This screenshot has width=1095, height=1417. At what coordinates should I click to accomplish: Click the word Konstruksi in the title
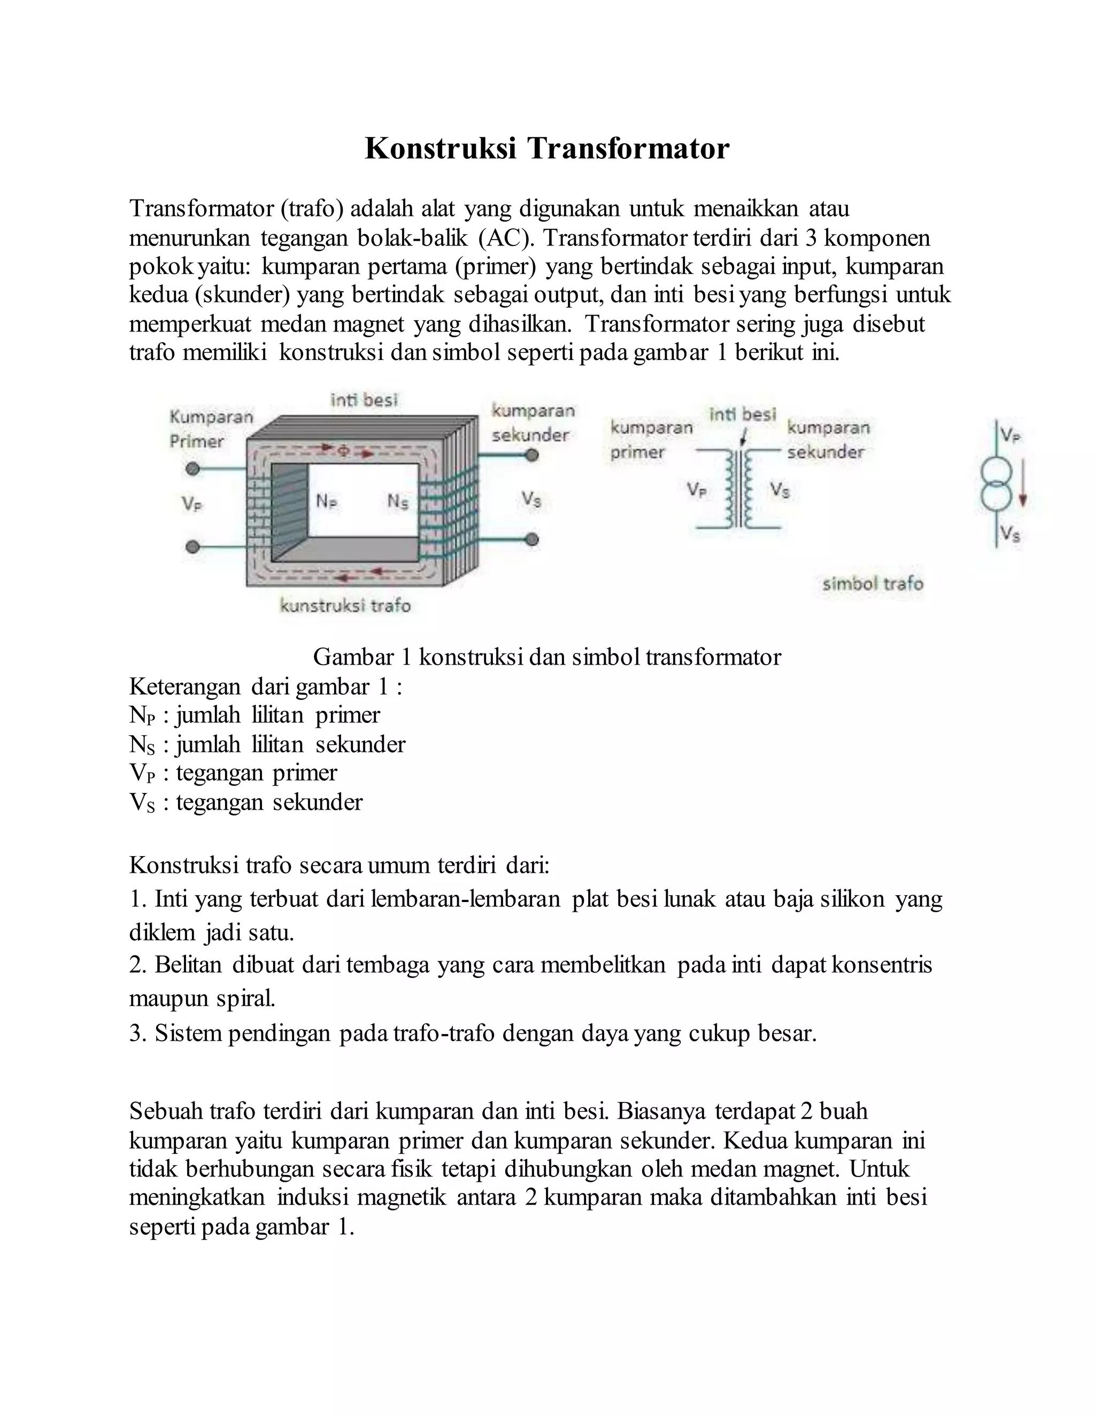click(441, 149)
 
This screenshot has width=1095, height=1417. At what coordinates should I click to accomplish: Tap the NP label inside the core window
click(326, 502)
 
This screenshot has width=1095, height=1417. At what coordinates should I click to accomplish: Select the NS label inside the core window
click(398, 502)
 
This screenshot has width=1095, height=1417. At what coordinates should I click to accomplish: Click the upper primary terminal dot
click(192, 468)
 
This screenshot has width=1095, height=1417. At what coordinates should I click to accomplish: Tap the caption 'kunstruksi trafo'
click(345, 606)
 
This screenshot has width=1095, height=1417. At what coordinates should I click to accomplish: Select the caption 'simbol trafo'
click(873, 584)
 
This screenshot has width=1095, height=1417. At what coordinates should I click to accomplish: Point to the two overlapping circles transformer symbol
click(995, 484)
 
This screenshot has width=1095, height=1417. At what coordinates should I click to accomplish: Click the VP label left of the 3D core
click(192, 504)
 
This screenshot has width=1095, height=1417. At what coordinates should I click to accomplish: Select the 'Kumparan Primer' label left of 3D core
click(210, 429)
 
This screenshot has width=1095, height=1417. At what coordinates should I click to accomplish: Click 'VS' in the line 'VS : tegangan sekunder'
click(142, 803)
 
